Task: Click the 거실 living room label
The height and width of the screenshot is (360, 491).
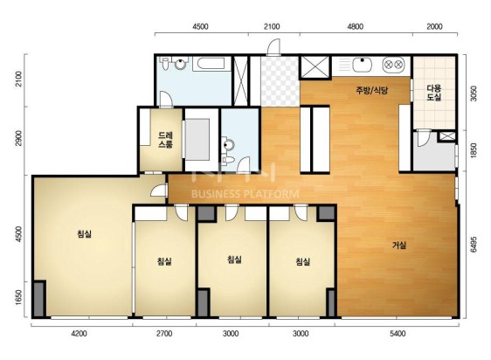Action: tap(399, 245)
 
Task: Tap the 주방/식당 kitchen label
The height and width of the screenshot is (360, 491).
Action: tap(372, 91)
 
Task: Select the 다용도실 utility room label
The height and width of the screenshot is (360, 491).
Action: tap(434, 93)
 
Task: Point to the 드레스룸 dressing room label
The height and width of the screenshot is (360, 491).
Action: tap(165, 140)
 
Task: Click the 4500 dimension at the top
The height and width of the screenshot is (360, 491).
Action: tap(200, 26)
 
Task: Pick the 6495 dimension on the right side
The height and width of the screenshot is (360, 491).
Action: tap(474, 244)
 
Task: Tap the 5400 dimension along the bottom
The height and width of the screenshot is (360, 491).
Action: tap(398, 334)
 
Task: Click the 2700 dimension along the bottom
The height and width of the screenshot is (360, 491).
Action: tap(164, 334)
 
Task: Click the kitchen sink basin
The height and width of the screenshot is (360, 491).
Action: tap(362, 65)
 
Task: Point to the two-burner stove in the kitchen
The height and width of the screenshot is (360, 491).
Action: tap(393, 65)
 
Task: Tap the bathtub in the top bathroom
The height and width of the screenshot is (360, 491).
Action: tap(209, 64)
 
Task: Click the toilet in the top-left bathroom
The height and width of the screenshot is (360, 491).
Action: tap(164, 63)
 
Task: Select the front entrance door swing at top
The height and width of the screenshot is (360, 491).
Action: tap(273, 47)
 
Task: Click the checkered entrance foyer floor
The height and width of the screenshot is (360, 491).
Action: tap(280, 81)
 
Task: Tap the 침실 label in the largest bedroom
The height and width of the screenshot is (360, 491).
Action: tap(84, 233)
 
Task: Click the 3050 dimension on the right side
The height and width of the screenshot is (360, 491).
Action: tap(474, 93)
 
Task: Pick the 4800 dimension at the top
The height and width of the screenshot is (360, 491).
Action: tap(356, 26)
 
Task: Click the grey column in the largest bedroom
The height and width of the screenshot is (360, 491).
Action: tap(39, 299)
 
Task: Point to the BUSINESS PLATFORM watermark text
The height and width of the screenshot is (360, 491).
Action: tap(245, 194)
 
